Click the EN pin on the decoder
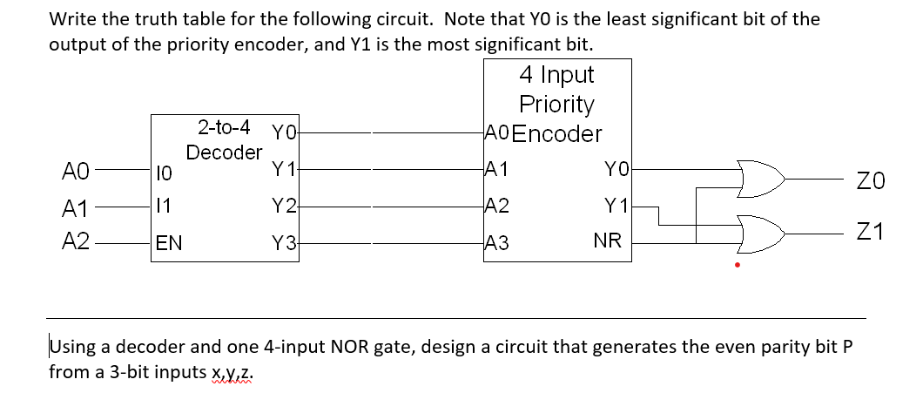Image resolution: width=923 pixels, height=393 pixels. coord(169,243)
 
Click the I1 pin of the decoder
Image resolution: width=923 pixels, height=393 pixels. coord(163,207)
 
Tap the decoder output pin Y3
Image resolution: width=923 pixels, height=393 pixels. coord(284,244)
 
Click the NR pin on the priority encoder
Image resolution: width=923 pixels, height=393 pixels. coord(607,241)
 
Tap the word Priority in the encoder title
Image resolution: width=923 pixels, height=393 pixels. coord(556,105)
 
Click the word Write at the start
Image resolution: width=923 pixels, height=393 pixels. coord(71,19)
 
